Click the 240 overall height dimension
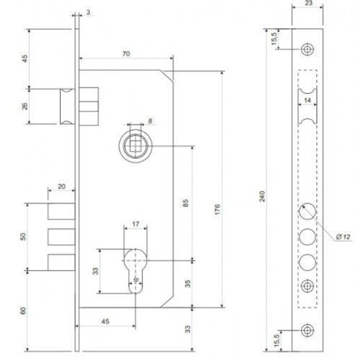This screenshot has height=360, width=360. coord(262,196)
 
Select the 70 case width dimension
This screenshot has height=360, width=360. coord(126,54)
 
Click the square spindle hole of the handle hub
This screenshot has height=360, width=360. coord(135,145)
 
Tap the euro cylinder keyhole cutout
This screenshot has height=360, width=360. coord(135,270)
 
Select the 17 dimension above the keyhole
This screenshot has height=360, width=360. coord(135,224)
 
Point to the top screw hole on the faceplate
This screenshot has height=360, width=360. coord(307,49)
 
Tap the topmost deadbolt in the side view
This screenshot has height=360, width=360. coord(61,211)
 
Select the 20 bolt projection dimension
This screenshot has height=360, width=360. coord(61,186)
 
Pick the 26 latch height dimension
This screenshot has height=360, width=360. coord(25,106)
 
